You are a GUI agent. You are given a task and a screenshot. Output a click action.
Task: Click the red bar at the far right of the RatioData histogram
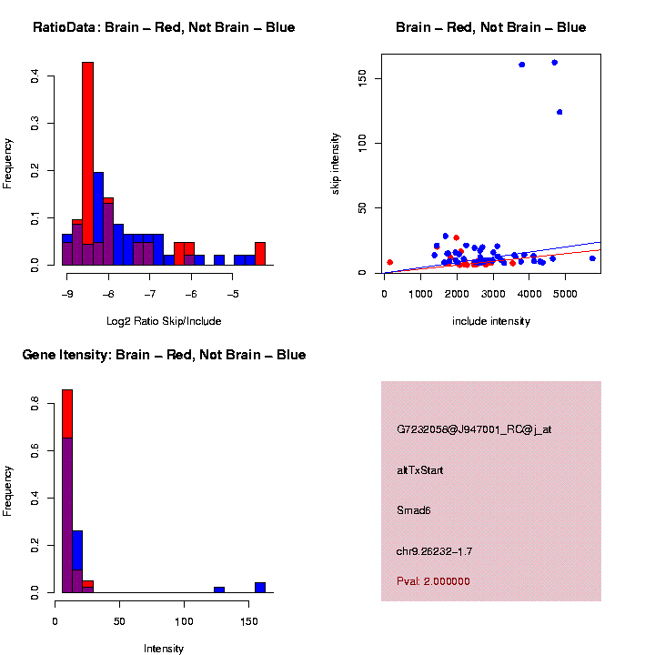click(x=260, y=254)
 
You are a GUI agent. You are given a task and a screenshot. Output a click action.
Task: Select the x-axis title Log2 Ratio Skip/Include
click(x=163, y=321)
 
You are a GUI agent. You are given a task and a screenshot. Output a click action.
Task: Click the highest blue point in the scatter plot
click(x=554, y=63)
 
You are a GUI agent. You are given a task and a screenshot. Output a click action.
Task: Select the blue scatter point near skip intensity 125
click(x=559, y=112)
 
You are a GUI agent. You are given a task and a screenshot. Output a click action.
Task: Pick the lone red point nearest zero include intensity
click(x=389, y=262)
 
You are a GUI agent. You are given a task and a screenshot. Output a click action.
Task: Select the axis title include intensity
click(x=491, y=321)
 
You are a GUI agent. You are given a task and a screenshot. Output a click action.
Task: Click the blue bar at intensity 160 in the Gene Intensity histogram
click(x=260, y=588)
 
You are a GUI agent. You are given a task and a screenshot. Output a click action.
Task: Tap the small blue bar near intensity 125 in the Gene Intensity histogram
click(x=218, y=589)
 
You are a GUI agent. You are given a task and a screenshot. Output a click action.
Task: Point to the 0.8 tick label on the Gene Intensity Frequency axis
click(x=35, y=408)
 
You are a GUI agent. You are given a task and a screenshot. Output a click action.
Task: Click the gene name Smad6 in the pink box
click(x=414, y=510)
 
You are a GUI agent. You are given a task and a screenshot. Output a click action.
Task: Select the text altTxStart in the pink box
click(x=420, y=470)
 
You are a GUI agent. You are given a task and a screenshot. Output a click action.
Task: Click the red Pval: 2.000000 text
click(x=434, y=581)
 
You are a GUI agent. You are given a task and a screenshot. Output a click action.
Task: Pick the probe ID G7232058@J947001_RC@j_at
click(x=474, y=429)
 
